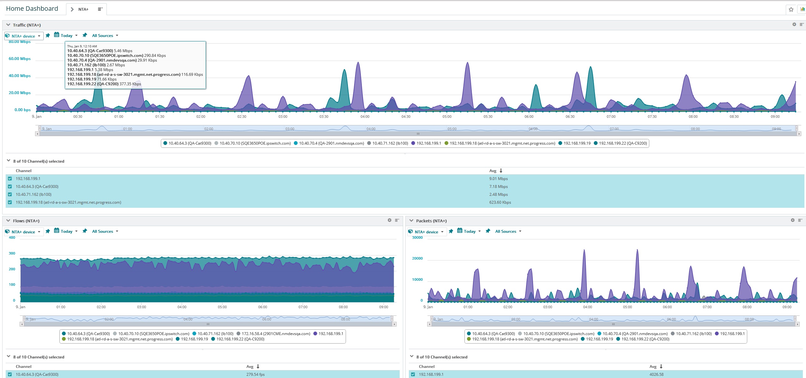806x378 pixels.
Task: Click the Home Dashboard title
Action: (32, 9)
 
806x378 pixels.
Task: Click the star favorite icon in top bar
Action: (791, 9)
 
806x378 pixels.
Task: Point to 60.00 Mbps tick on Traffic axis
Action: (20, 59)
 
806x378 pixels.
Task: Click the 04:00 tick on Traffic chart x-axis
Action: (365, 117)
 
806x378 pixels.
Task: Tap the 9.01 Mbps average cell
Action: (498, 179)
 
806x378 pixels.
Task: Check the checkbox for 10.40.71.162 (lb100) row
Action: (10, 195)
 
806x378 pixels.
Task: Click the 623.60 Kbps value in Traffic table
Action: (500, 202)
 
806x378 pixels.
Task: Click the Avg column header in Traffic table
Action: (493, 171)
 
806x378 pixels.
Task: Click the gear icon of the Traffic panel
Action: (794, 25)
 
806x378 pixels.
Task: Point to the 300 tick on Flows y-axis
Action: (12, 253)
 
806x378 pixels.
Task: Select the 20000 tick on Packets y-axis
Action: (417, 258)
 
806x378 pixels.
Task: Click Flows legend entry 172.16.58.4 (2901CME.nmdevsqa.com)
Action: (276, 334)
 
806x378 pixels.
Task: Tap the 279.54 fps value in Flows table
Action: (255, 375)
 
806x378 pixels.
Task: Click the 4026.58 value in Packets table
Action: (656, 375)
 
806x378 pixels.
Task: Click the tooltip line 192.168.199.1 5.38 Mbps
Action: (90, 70)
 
